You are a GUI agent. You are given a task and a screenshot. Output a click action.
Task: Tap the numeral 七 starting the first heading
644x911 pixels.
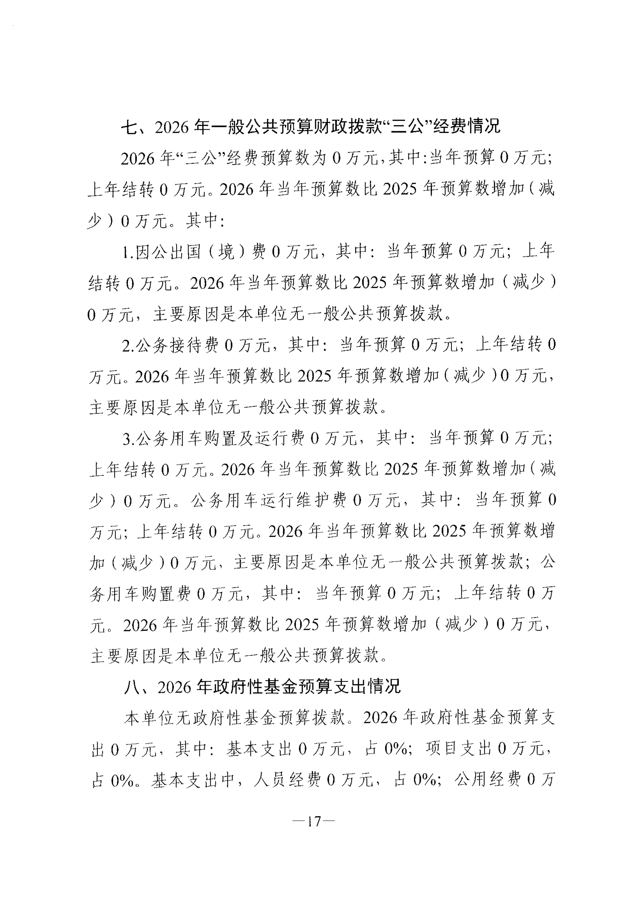tap(130, 126)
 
